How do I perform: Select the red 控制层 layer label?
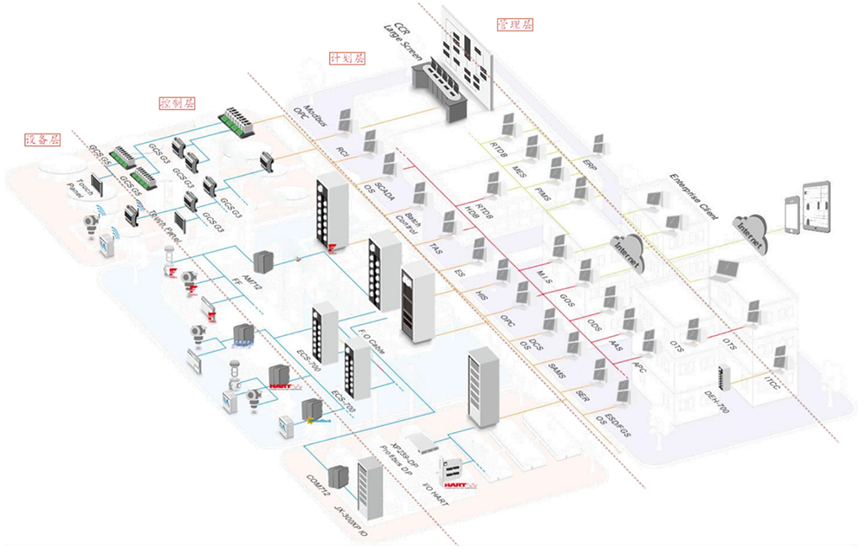coord(178,102)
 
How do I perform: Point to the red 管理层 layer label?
coord(514,24)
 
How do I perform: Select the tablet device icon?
coord(816,204)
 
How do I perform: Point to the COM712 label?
coord(318,486)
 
